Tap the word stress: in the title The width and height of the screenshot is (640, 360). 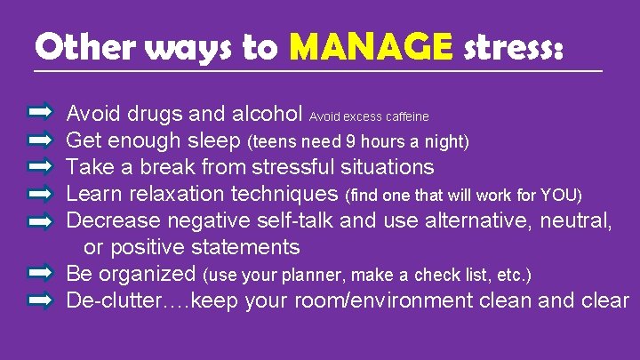[x=513, y=46]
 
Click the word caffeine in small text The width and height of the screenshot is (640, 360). [x=406, y=116]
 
